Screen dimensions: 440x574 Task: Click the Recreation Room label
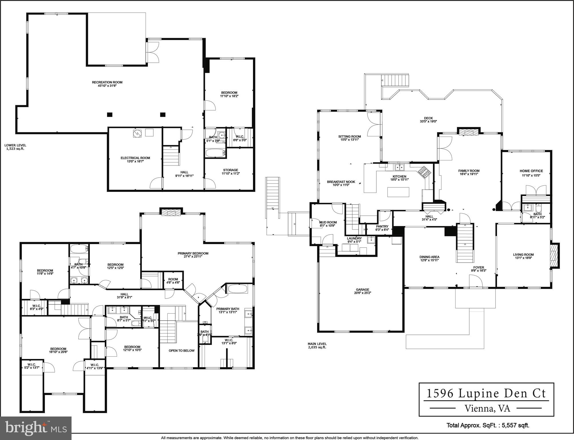[107, 82]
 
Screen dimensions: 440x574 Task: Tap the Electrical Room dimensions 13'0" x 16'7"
[135, 162]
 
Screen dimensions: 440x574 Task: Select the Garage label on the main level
[362, 289]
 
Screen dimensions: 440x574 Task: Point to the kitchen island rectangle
[398, 192]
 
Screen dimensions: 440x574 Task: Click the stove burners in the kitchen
[424, 172]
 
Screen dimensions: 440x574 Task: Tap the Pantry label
[382, 226]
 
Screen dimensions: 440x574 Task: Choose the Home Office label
[531, 171]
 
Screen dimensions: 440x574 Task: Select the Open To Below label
[181, 351]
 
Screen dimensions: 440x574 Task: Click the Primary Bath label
[227, 309]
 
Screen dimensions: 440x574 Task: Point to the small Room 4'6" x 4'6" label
[173, 279]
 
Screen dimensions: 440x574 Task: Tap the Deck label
[428, 118]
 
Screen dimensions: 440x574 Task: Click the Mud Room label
[328, 222]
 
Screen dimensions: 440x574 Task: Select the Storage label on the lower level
[230, 170]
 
